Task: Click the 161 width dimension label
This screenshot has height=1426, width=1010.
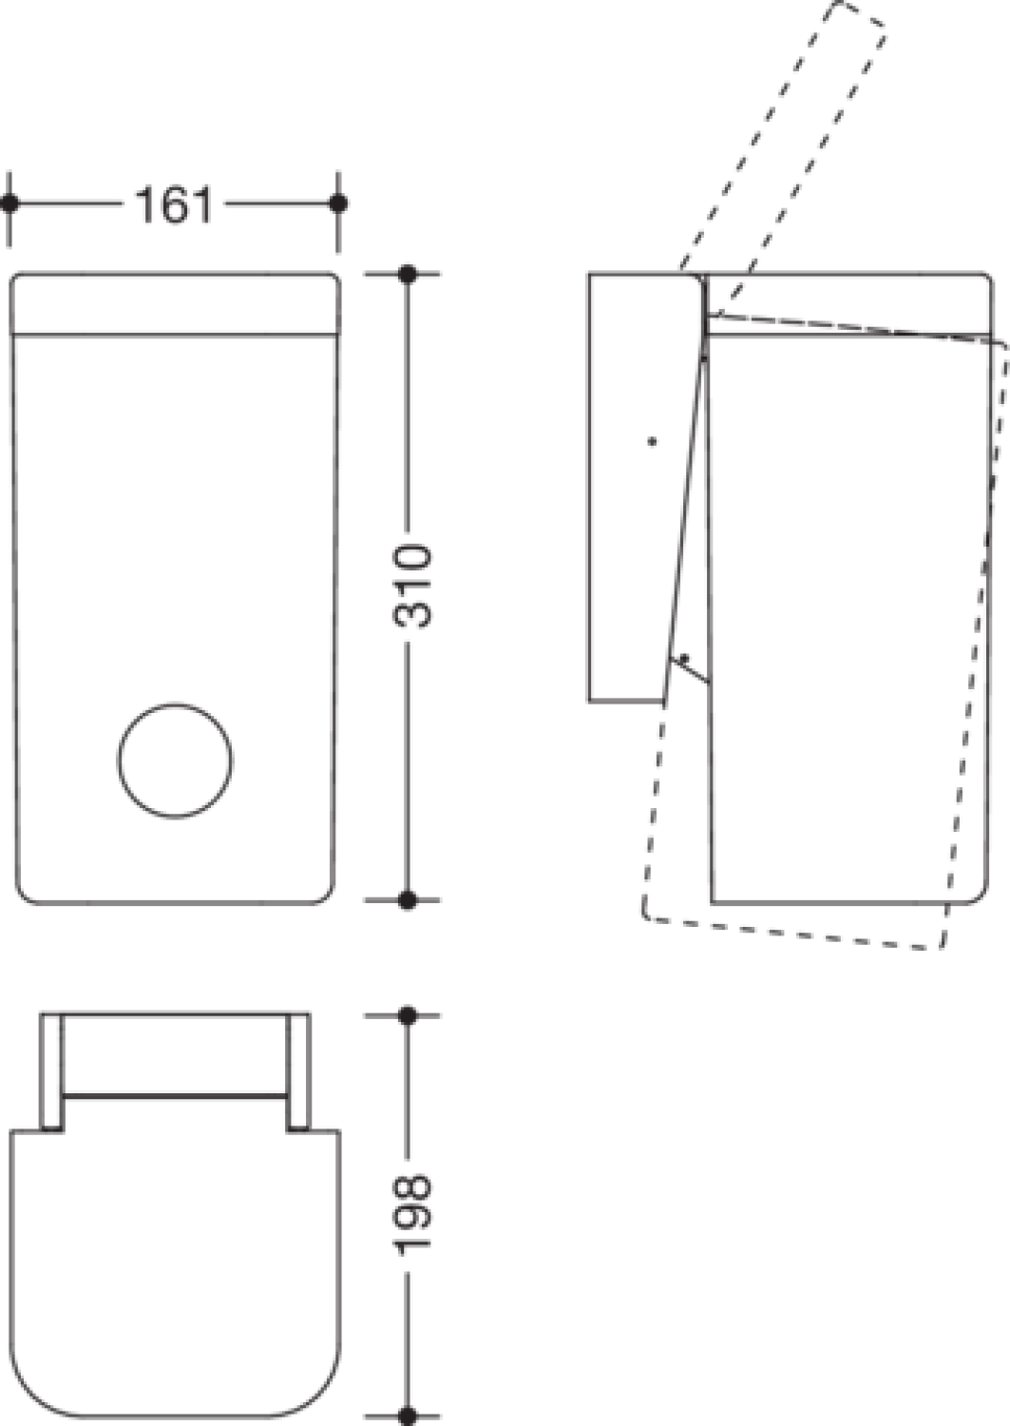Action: pyautogui.click(x=173, y=204)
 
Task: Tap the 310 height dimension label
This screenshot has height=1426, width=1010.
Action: pyautogui.click(x=412, y=586)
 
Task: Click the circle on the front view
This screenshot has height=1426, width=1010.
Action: pyautogui.click(x=175, y=761)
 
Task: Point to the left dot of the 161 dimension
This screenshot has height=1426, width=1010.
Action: pyautogui.click(x=10, y=203)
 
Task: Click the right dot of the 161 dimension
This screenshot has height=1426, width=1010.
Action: pyautogui.click(x=338, y=203)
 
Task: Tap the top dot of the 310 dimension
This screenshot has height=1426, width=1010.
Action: pyautogui.click(x=408, y=275)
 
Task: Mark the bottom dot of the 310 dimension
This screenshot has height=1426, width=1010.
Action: pyautogui.click(x=408, y=900)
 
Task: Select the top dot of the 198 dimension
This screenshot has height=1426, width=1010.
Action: pyautogui.click(x=408, y=1015)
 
